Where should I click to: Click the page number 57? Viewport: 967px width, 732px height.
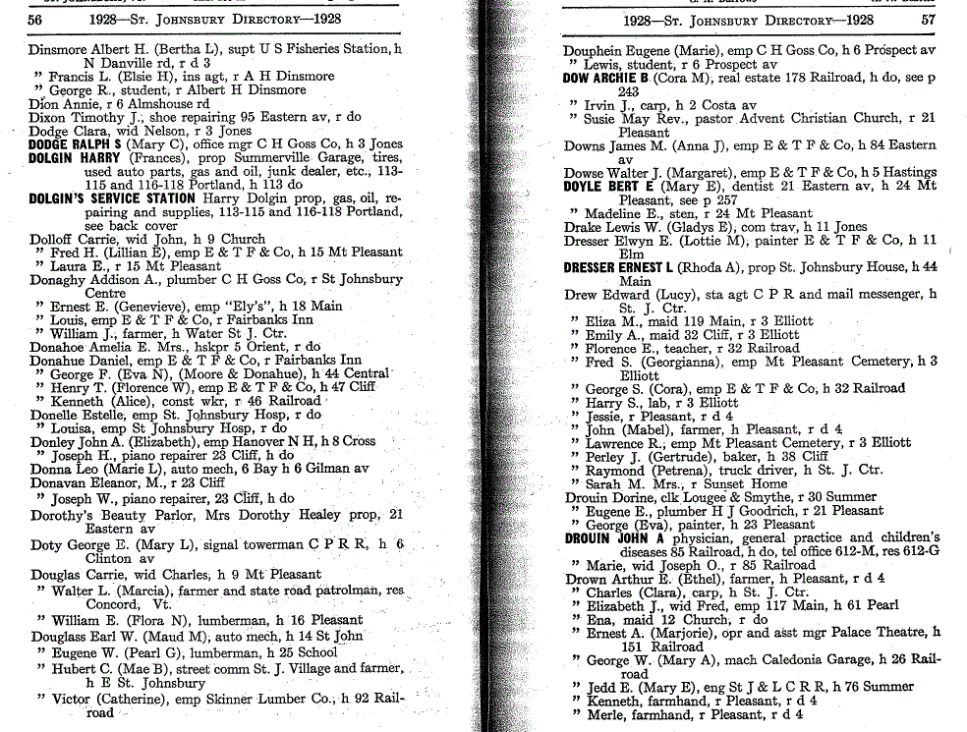tap(928, 20)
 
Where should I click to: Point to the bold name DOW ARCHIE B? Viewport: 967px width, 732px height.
tap(606, 78)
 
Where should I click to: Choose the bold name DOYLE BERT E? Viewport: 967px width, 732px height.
tap(607, 187)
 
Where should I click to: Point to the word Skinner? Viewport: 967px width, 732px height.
tap(231, 700)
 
